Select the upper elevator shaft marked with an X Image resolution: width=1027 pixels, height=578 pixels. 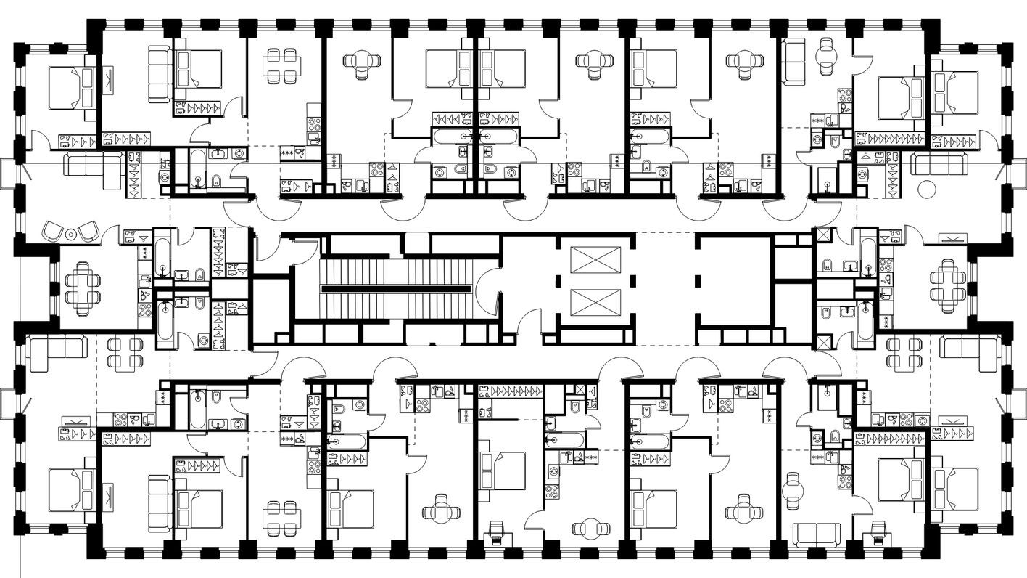(x=596, y=260)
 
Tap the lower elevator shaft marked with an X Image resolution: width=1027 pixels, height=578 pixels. (x=596, y=303)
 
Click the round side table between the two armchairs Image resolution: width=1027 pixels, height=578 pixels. (x=70, y=234)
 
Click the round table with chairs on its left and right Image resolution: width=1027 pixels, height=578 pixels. (x=593, y=530)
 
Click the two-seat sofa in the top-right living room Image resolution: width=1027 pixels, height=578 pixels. (x=795, y=60)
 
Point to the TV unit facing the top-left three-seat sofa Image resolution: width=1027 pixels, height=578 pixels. (x=109, y=79)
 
